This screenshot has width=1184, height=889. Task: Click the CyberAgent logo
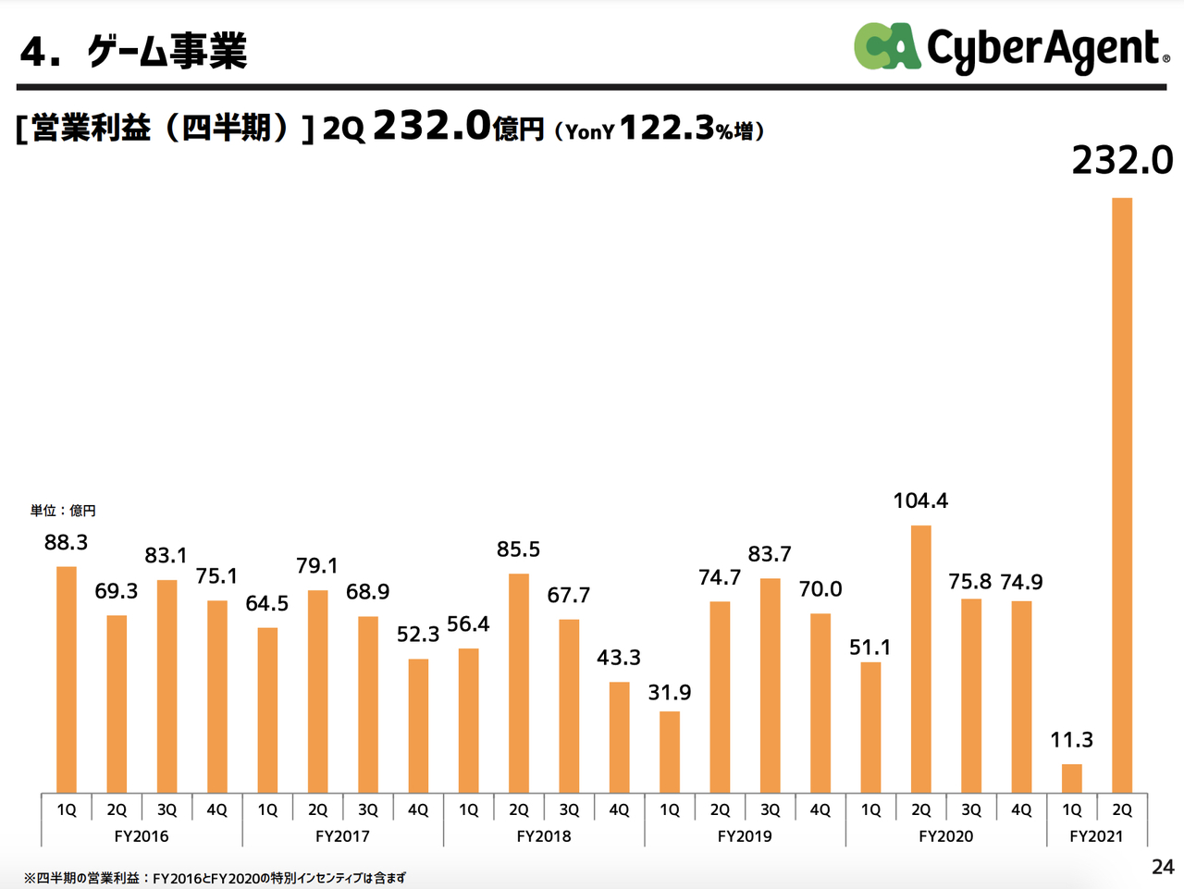tap(1012, 48)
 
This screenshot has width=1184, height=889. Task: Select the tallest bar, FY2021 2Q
tap(1122, 495)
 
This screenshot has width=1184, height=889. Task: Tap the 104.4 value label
tap(920, 500)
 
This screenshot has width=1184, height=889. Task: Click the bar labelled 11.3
tap(1072, 778)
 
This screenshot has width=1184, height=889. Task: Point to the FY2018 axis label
tap(544, 836)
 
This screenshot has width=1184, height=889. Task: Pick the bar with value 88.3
tap(67, 680)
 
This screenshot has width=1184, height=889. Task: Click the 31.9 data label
tap(670, 692)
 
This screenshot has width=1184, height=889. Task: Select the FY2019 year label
tap(745, 836)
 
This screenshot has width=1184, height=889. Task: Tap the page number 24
tap(1163, 868)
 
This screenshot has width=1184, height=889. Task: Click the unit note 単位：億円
tap(63, 511)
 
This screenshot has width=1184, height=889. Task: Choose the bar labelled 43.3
tap(619, 737)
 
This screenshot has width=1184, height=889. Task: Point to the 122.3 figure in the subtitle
tap(667, 129)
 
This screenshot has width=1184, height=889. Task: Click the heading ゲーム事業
tap(167, 51)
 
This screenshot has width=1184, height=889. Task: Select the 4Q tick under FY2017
tap(418, 809)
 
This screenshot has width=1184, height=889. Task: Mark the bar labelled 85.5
tap(519, 684)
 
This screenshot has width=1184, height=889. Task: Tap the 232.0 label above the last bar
tap(1122, 160)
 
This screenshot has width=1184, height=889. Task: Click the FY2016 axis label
tap(142, 836)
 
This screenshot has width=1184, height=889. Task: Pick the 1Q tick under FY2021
tap(1072, 809)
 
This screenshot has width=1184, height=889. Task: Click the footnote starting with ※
tap(215, 878)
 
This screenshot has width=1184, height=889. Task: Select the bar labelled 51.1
tap(870, 728)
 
